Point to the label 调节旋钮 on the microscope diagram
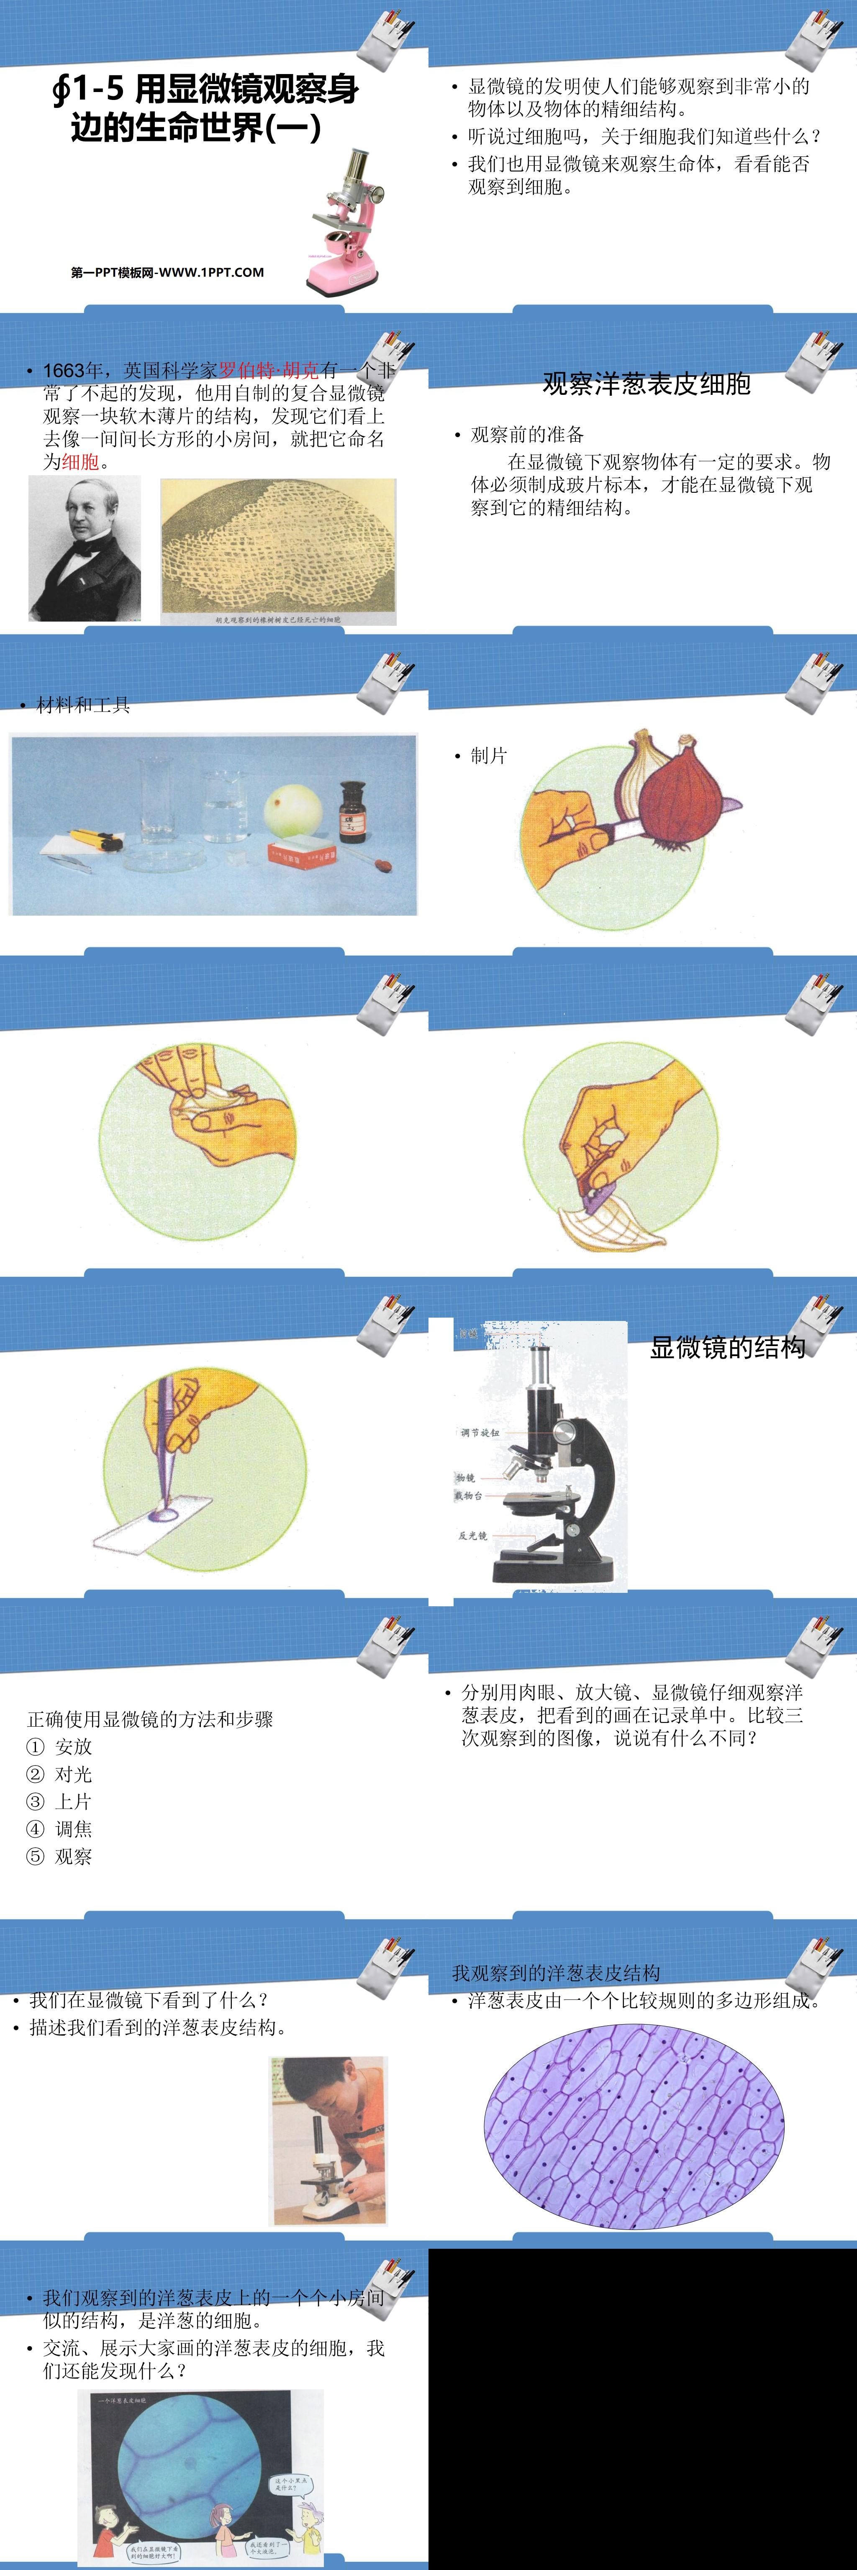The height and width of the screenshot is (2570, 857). pos(479,1433)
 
